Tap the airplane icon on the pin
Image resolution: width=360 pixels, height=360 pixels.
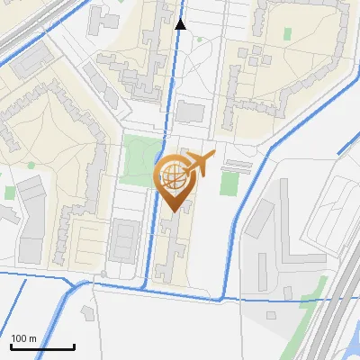tap(199, 163)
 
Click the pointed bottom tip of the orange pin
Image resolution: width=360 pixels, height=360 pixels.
tap(175, 211)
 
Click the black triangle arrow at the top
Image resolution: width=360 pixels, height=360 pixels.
tap(181, 24)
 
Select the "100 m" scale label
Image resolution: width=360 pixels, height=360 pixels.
tap(24, 338)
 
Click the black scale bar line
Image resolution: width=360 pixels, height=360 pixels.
tap(42, 347)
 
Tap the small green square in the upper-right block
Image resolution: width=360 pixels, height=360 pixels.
tap(288, 34)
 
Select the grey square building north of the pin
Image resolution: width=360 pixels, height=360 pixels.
tap(190, 112)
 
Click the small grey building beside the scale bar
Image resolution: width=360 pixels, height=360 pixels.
tap(88, 312)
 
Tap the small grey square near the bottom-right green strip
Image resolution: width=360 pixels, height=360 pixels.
tap(272, 315)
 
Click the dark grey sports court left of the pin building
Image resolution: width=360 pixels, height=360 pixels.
tap(122, 237)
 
